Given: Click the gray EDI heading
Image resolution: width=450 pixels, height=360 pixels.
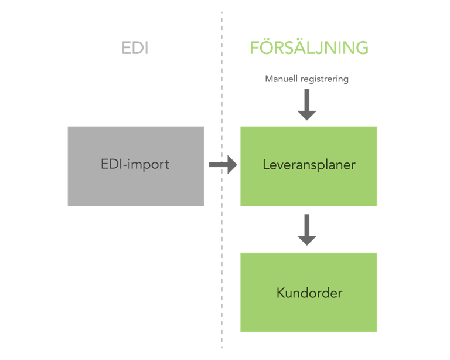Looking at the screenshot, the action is tap(135, 48).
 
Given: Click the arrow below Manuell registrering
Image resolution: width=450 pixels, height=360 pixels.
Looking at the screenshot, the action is tap(307, 104).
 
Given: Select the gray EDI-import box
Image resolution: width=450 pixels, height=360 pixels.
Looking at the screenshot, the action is tap(136, 166).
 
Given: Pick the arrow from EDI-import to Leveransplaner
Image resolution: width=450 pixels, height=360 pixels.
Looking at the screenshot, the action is tap(223, 165).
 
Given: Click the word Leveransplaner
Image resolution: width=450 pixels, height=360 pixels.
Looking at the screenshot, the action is tap(309, 165).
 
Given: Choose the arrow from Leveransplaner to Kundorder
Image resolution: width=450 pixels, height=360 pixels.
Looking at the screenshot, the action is tap(307, 230).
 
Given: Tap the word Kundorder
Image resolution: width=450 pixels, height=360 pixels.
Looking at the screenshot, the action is tap(309, 293).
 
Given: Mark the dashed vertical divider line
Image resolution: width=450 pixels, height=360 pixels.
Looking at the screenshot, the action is tap(222, 180).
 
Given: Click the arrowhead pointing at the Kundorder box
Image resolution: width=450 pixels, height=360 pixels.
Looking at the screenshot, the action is tap(307, 240).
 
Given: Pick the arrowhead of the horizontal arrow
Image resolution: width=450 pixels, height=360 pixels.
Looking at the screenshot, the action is tap(233, 165).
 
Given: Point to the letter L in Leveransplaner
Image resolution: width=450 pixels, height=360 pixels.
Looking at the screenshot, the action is tap(266, 165).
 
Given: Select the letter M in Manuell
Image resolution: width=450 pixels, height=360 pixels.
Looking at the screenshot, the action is tap(270, 79).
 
